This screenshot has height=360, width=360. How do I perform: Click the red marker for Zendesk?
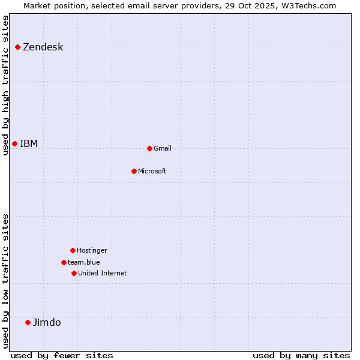pyautogui.click(x=18, y=47)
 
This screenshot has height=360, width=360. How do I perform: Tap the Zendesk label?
pyautogui.click(x=43, y=47)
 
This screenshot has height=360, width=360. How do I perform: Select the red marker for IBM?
pyautogui.click(x=15, y=143)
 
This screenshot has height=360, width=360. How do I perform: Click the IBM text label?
pyautogui.click(x=29, y=144)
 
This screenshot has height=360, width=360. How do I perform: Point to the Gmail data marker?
pyautogui.click(x=149, y=148)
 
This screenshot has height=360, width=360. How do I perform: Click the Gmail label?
pyautogui.click(x=163, y=149)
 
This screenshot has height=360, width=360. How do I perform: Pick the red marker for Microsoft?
pyautogui.click(x=134, y=171)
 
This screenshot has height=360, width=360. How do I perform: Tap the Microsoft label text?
pyautogui.click(x=152, y=172)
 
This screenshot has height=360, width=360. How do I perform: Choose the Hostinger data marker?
pyautogui.click(x=73, y=250)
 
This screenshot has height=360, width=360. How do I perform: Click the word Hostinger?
pyautogui.click(x=92, y=251)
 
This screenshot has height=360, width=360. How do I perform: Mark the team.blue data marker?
pyautogui.click(x=64, y=262)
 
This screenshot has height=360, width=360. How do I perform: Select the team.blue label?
pyautogui.click(x=84, y=262)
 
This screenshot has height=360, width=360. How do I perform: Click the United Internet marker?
pyautogui.click(x=74, y=273)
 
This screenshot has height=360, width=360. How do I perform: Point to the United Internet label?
pyautogui.click(x=103, y=274)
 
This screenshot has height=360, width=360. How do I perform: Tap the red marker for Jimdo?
pyautogui.click(x=28, y=322)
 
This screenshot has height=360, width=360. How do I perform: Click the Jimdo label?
pyautogui.click(x=47, y=323)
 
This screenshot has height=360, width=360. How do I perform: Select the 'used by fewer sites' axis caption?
pyautogui.click(x=62, y=355)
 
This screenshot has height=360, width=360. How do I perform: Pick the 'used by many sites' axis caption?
pyautogui.click(x=301, y=355)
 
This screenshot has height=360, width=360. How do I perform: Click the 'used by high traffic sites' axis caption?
pyautogui.click(x=6, y=85)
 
